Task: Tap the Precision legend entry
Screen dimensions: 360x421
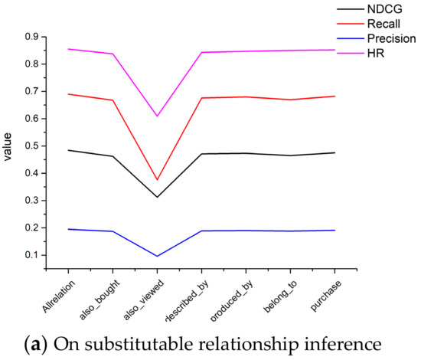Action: point(390,41)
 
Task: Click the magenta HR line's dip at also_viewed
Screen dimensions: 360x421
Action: point(157,116)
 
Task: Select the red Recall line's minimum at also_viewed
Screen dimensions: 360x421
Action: point(157,180)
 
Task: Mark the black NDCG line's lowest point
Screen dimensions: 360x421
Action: point(157,197)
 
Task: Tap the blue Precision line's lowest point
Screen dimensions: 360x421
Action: point(157,256)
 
